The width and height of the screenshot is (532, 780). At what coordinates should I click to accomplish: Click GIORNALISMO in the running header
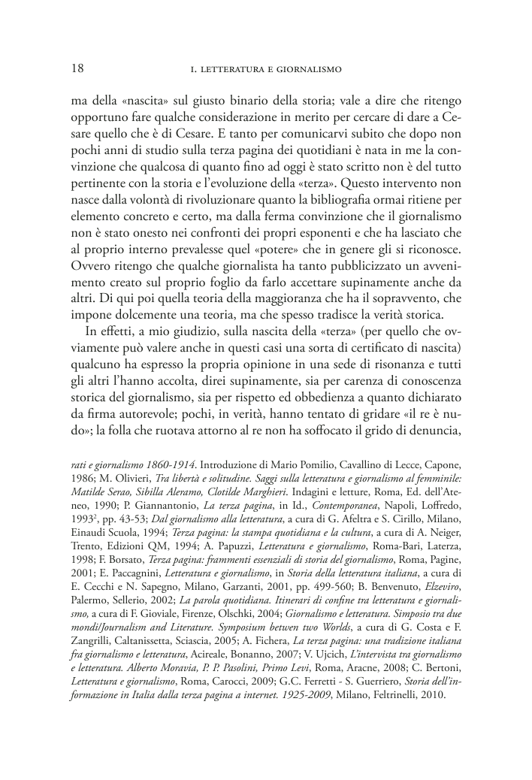[x=311, y=70]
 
